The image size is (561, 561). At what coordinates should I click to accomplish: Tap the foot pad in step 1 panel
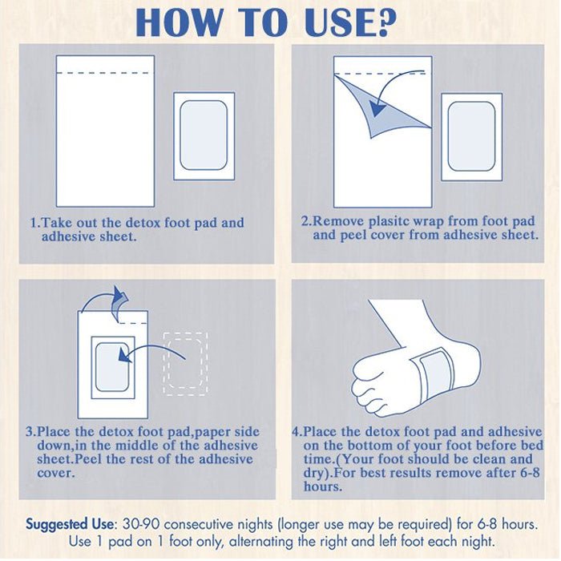pyautogui.click(x=204, y=136)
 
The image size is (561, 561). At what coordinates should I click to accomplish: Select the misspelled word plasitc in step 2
pyautogui.click(x=389, y=221)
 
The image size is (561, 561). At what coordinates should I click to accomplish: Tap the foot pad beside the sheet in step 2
pyautogui.click(x=471, y=137)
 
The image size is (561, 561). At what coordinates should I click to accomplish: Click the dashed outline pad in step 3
pyautogui.click(x=185, y=364)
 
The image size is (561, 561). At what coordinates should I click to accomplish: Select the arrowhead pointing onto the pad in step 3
pyautogui.click(x=124, y=355)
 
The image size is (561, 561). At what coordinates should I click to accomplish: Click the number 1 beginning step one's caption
pyautogui.click(x=34, y=223)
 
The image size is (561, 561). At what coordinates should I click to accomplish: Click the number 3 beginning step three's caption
pyautogui.click(x=30, y=431)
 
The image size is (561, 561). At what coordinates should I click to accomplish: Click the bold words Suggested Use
pyautogui.click(x=70, y=524)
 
